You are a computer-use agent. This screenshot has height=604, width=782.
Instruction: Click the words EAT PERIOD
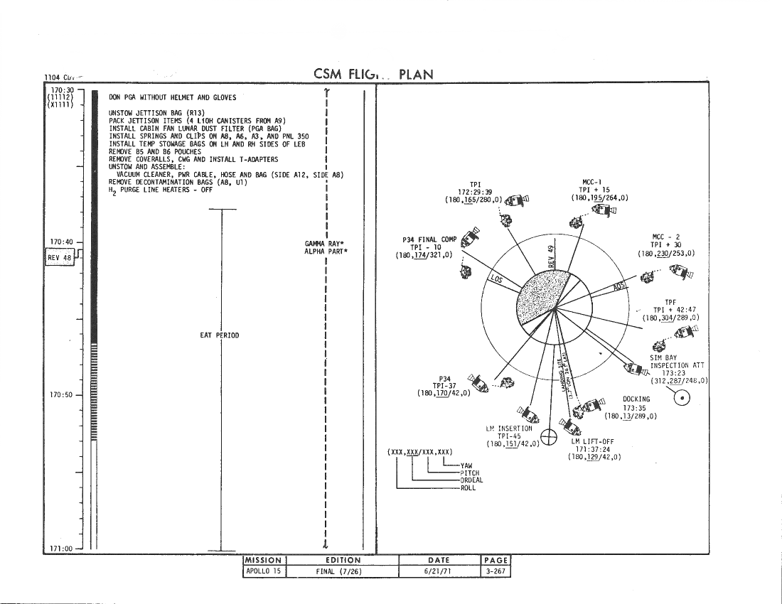[219, 335]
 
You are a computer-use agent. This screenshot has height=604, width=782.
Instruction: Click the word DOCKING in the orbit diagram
[636, 399]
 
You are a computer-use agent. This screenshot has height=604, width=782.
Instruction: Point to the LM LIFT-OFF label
[592, 441]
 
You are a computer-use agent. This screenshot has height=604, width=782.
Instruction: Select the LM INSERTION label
[509, 428]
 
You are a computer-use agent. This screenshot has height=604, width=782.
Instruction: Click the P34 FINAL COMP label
[429, 239]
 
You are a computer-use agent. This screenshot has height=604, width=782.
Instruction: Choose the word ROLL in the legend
[468, 487]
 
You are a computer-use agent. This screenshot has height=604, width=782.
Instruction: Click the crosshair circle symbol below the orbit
[549, 437]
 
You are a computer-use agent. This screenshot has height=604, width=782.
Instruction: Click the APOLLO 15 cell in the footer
[264, 571]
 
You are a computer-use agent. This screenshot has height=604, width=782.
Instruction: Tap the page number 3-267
[496, 571]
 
